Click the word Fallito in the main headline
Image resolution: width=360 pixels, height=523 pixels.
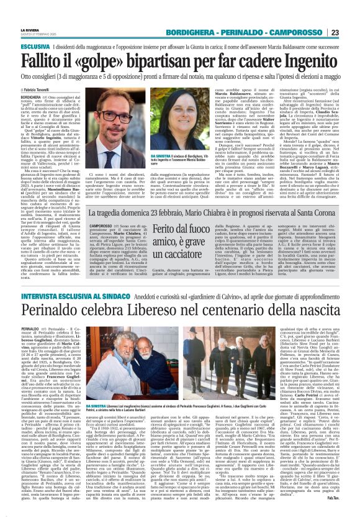click(x=42, y=59)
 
